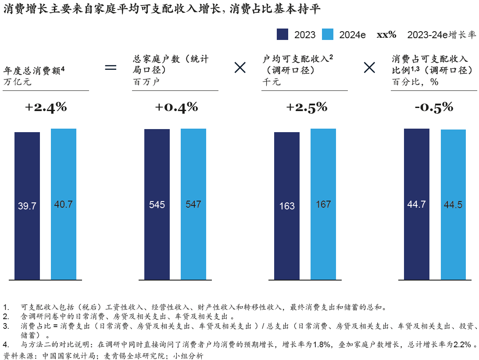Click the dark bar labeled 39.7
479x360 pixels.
tap(27, 205)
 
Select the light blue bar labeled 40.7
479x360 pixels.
tap(64, 204)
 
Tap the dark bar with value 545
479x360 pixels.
tap(157, 204)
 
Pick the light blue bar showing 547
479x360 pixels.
tap(193, 204)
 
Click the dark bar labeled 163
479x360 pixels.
tap(287, 205)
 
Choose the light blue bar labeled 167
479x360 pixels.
tap(323, 204)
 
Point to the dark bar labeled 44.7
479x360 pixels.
tap(417, 204)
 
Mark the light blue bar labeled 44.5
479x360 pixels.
tap(453, 205)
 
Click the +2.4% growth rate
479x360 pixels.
tap(46, 107)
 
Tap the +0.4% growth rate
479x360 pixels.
tap(176, 107)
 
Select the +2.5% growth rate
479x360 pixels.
tap(306, 107)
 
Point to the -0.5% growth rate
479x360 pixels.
tap(433, 107)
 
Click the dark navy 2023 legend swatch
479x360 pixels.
tap(282, 35)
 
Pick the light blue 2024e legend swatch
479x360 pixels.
tap(328, 35)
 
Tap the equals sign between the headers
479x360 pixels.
tap(111, 67)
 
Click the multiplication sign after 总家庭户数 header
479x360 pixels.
tap(240, 67)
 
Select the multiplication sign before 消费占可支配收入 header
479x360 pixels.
tap(369, 67)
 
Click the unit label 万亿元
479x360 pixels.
tap(18, 81)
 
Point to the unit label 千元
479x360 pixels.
tap(272, 82)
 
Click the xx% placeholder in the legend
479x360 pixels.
tap(386, 35)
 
